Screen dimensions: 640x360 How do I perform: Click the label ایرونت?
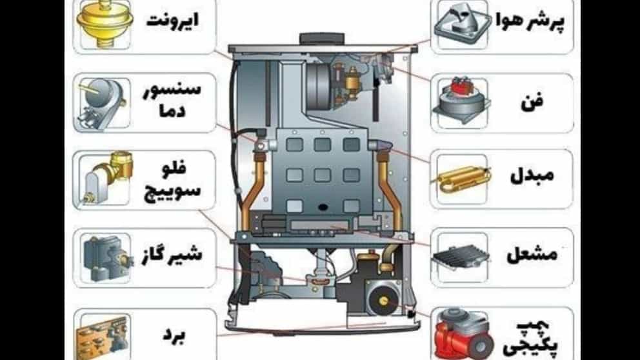click(x=172, y=20)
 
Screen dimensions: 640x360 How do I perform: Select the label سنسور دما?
click(x=172, y=99)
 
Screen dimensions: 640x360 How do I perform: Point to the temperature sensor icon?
click(x=103, y=103)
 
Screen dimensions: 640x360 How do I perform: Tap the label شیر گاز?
click(x=172, y=255)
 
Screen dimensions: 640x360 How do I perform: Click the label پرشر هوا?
click(x=530, y=23)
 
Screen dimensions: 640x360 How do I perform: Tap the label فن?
click(x=532, y=102)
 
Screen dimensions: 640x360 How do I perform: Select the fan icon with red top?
click(x=461, y=101)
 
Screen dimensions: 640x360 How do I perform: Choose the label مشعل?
click(x=532, y=255)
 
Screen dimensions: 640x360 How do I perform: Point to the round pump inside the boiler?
click(x=383, y=299)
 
